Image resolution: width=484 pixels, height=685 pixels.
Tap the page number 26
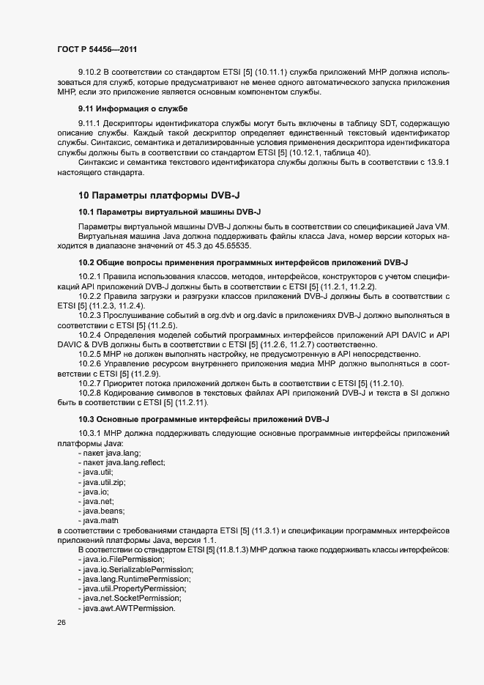click(x=61, y=622)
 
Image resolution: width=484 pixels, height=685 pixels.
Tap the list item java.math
click(x=102, y=520)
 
